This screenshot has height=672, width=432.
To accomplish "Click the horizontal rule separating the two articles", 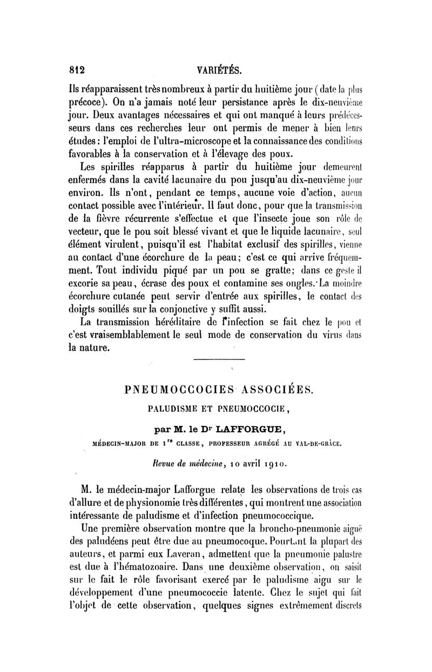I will (215, 360).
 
